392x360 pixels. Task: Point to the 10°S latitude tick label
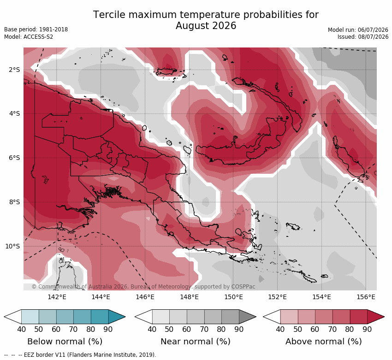[x=12, y=246]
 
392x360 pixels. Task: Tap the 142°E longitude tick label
[x=57, y=297]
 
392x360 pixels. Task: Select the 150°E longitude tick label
[x=233, y=297]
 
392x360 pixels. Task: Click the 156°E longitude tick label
[x=366, y=297]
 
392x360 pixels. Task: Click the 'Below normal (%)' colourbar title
[x=65, y=342]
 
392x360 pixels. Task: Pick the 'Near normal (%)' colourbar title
[x=195, y=342]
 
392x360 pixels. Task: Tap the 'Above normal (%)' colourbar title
[x=323, y=342]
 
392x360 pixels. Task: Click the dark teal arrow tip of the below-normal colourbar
[x=117, y=317]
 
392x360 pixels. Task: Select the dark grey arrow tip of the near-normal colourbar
[x=248, y=317]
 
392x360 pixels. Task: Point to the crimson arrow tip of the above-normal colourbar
[x=376, y=317]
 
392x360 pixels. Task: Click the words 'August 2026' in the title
[x=206, y=26]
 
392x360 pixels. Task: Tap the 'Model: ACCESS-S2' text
[x=29, y=37]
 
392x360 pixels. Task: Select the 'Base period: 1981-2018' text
[x=36, y=30]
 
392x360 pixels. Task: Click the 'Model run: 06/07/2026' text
[x=358, y=30]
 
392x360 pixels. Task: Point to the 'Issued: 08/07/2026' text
[x=363, y=37]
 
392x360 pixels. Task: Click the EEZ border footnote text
[x=80, y=355]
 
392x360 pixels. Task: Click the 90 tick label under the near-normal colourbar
[x=239, y=329]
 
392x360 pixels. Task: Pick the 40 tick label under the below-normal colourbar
[x=22, y=329]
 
